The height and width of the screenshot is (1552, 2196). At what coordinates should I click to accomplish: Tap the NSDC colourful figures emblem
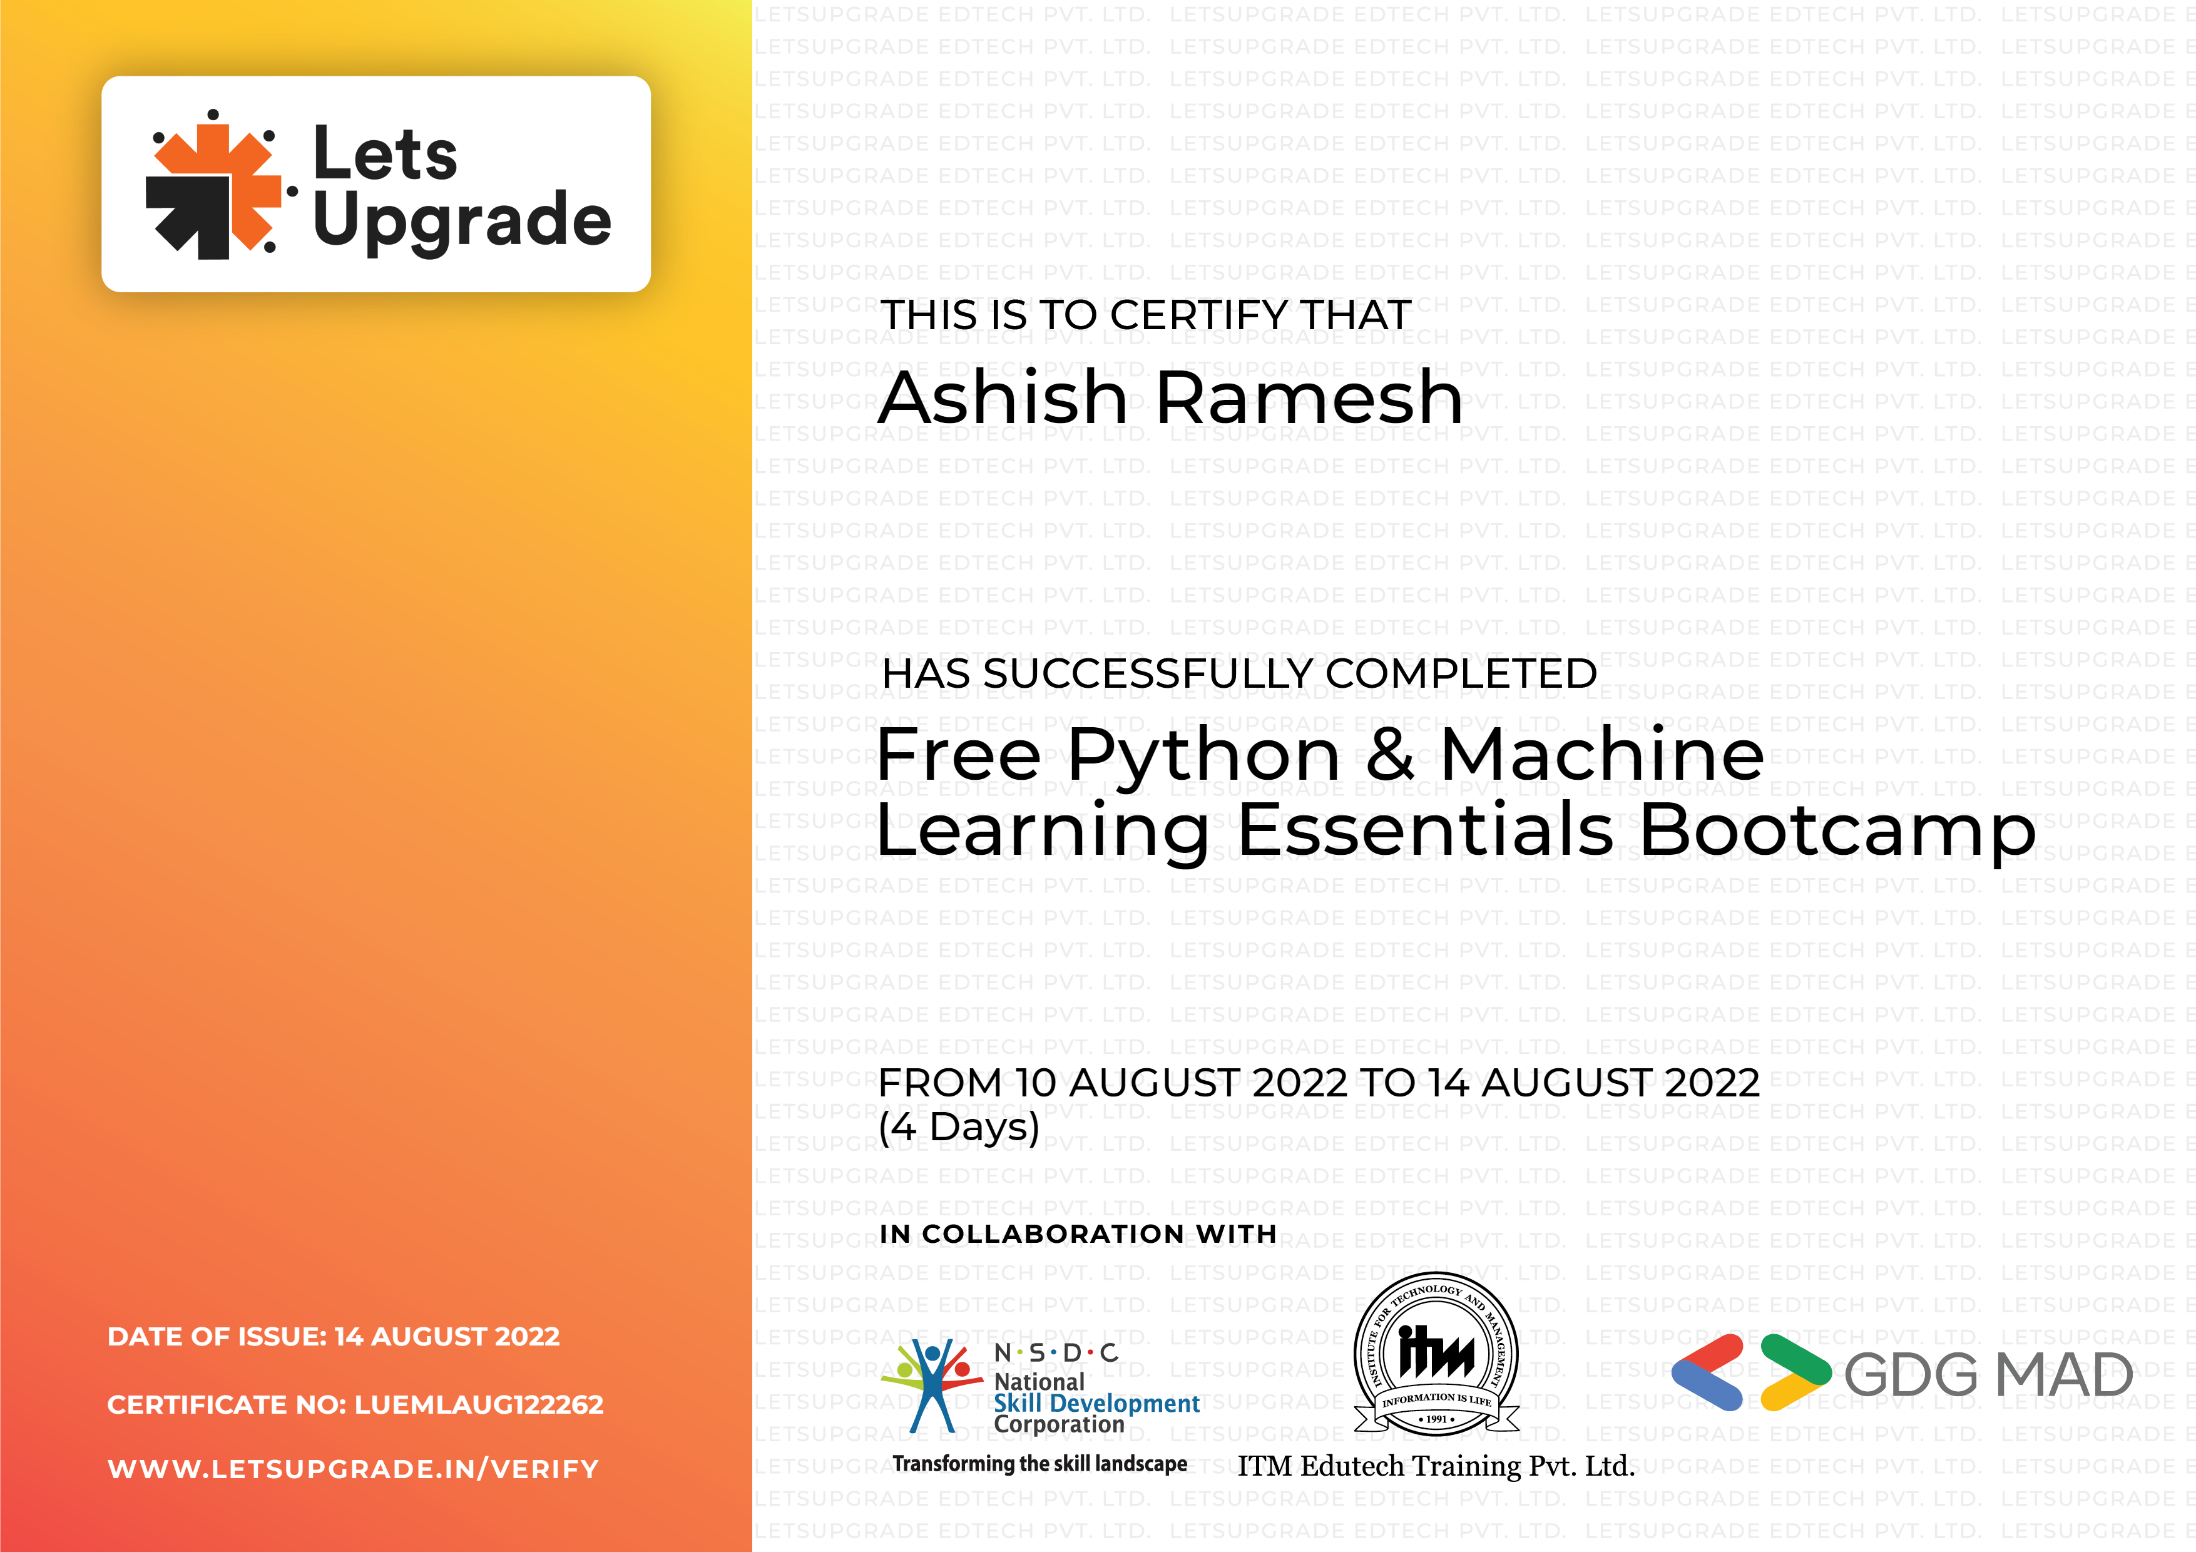coord(930,1384)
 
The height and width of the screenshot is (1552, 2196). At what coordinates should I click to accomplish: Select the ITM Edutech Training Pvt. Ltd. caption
coord(1436,1465)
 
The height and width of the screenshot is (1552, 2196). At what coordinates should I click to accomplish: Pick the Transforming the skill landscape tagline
coord(1039,1464)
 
